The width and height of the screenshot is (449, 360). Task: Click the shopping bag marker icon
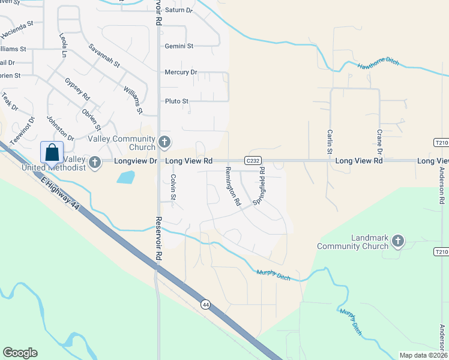coord(52,152)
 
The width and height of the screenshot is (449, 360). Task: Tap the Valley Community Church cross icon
coord(165,143)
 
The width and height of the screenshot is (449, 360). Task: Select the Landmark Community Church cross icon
coord(397,241)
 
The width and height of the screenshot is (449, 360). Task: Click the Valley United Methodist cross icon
coord(94,161)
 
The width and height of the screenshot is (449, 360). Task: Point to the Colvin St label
coord(173,187)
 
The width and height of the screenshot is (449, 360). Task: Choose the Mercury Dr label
coord(181,73)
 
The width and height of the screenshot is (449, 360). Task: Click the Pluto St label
coord(177,101)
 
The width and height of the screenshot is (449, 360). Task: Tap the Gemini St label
coord(179,46)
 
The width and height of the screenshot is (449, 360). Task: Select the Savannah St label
coord(104,55)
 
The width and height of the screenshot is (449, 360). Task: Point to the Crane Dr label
coord(380,141)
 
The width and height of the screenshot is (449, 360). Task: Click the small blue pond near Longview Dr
coord(125,177)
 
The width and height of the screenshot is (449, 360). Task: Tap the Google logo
coord(20,353)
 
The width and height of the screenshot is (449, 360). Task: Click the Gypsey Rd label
coord(77,88)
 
